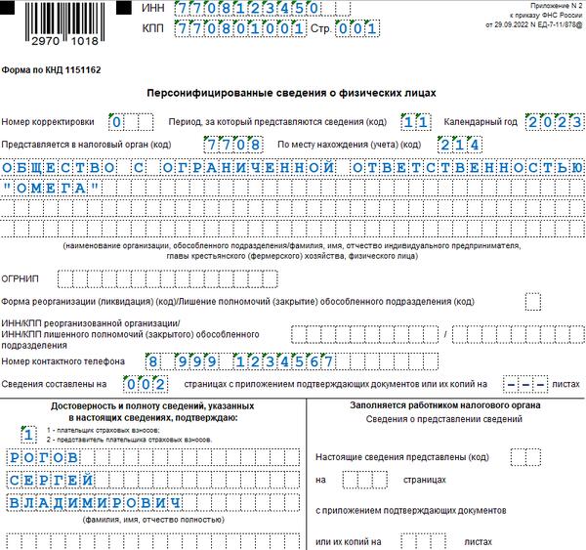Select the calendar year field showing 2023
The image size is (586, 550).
551,122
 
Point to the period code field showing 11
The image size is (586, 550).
415,122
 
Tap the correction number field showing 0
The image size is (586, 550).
117,122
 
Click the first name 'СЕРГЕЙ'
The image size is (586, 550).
54,479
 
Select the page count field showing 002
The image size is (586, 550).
153,383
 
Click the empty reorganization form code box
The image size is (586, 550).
532,301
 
